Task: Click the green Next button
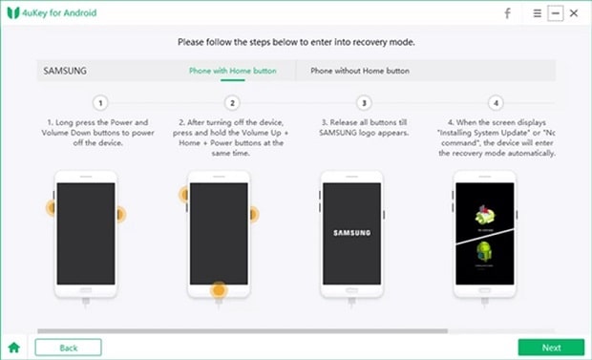[551, 348]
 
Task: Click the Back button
[68, 348]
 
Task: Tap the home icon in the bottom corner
[14, 348]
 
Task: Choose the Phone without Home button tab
[359, 71]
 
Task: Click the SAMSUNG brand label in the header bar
[63, 71]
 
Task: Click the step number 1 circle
[101, 102]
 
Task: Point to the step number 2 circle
[232, 102]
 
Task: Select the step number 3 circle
[363, 102]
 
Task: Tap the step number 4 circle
[494, 102]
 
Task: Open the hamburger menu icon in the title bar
[538, 13]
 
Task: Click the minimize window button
[556, 13]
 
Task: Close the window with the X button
[574, 13]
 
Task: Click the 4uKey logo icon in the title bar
[13, 13]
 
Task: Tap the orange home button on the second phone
[219, 288]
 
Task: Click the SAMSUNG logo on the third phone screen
[350, 232]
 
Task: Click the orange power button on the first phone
[119, 213]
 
